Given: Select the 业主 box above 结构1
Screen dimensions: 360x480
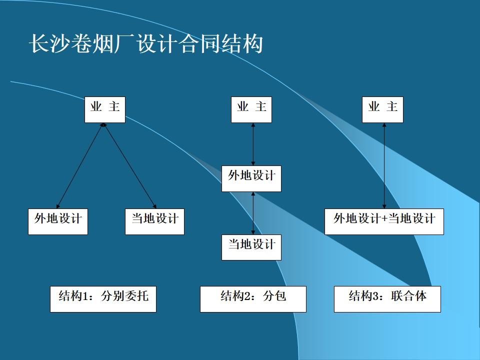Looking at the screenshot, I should point(104,109).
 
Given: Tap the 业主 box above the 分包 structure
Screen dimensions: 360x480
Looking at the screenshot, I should point(251,109).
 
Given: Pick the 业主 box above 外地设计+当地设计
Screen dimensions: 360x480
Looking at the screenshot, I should point(382,109).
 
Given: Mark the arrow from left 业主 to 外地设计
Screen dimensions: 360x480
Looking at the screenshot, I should point(80,166).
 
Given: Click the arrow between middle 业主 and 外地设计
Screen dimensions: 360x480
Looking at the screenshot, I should point(253,144).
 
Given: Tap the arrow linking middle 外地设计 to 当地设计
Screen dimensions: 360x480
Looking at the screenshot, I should point(253,213).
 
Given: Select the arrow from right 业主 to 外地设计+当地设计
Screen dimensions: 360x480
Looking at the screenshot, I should point(384,166).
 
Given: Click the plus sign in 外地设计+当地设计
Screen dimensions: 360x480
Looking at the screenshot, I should point(384,219).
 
